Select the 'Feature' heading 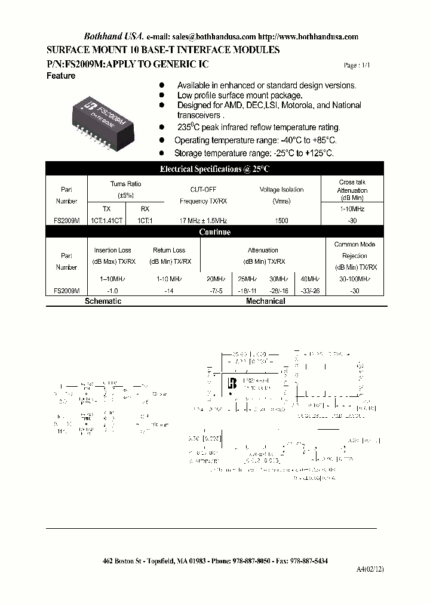pyautogui.click(x=61, y=76)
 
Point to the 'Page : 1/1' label pyautogui.click(x=357, y=66)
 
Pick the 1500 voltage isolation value pyautogui.click(x=281, y=221)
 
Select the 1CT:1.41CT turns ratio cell pyautogui.click(x=106, y=221)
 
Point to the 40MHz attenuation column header pyautogui.click(x=310, y=279)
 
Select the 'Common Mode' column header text pyautogui.click(x=355, y=244)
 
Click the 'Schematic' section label pyautogui.click(x=103, y=301)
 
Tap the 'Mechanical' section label pyautogui.click(x=266, y=301)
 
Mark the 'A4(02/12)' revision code pyautogui.click(x=371, y=570)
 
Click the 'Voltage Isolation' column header pyautogui.click(x=281, y=190)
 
